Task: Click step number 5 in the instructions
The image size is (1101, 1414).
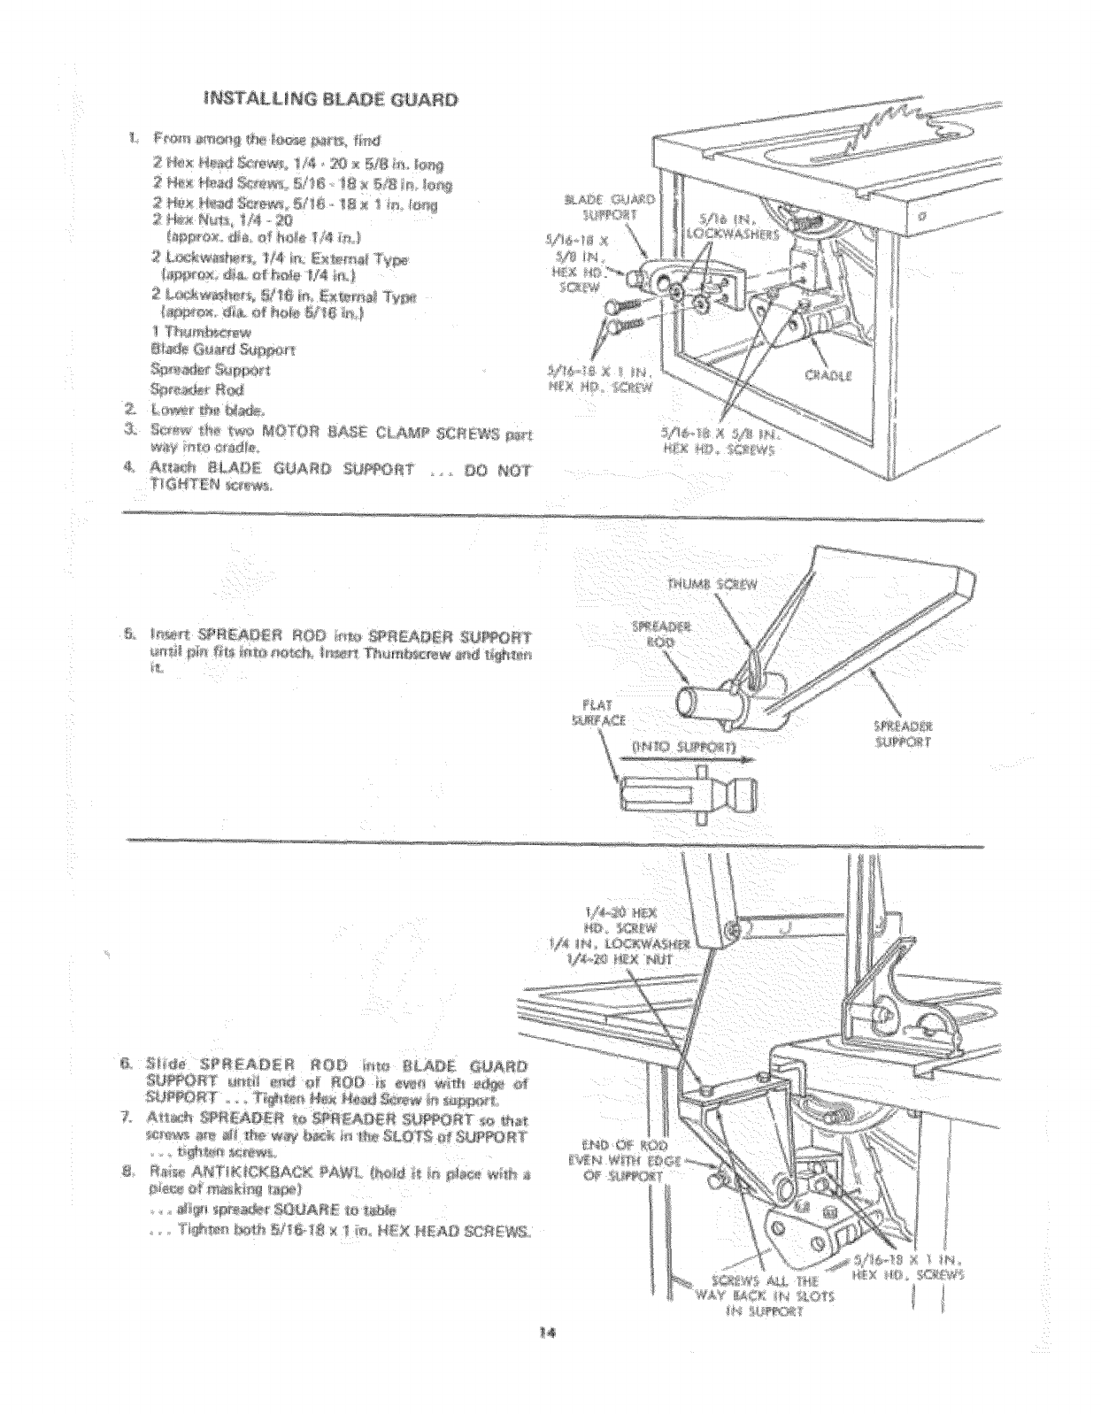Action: pyautogui.click(x=130, y=634)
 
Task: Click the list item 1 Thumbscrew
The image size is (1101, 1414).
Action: pyautogui.click(x=202, y=332)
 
